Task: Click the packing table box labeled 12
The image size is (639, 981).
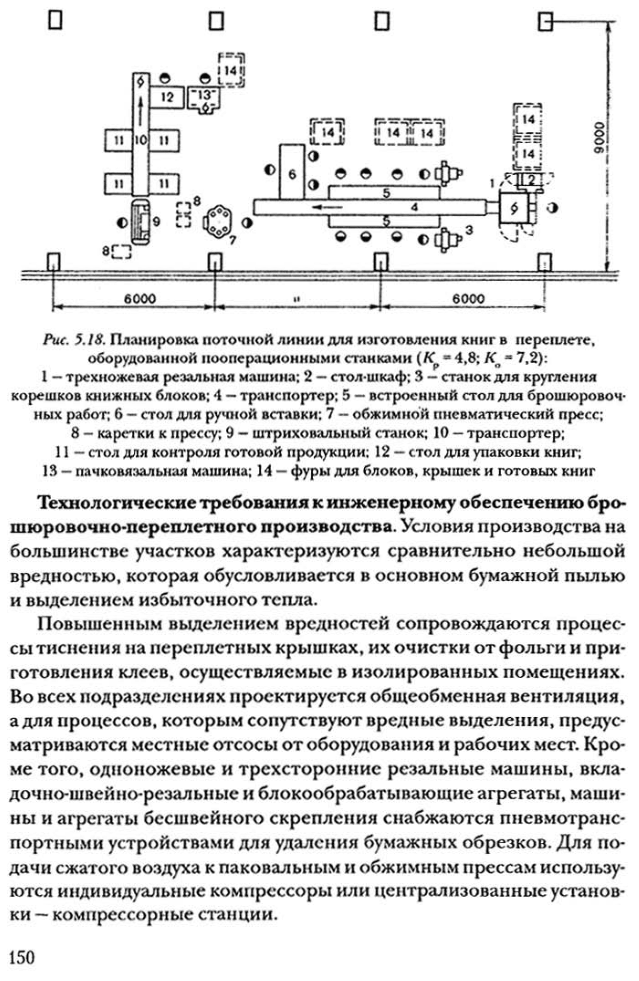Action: [168, 97]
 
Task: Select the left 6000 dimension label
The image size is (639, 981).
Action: [140, 299]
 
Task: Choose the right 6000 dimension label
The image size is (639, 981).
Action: [469, 299]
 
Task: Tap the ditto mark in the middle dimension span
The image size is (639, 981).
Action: [297, 300]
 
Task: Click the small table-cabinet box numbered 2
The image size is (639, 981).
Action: [529, 180]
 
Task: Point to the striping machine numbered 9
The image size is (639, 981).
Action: [141, 222]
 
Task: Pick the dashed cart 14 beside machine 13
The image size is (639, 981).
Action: [231, 70]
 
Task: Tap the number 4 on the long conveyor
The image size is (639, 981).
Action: [414, 208]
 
